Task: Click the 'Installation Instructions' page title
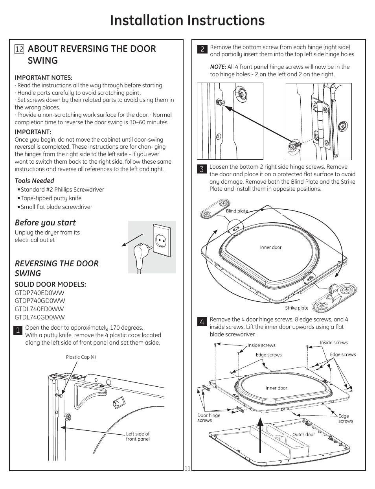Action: (x=187, y=20)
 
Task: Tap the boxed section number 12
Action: (x=19, y=49)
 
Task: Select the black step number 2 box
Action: (x=202, y=49)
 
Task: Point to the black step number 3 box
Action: (x=202, y=169)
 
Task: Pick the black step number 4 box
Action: (x=202, y=322)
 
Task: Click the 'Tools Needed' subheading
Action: (x=35, y=181)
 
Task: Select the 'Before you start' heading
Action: (x=45, y=223)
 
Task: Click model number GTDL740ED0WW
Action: (x=39, y=309)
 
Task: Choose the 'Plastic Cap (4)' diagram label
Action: (x=81, y=357)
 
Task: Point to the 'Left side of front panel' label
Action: (x=138, y=436)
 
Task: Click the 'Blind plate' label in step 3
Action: (x=237, y=211)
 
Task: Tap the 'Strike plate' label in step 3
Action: (x=297, y=308)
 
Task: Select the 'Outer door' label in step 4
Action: (x=303, y=435)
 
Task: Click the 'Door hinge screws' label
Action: (x=209, y=418)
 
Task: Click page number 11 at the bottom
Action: (x=187, y=468)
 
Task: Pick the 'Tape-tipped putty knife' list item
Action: (x=51, y=198)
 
